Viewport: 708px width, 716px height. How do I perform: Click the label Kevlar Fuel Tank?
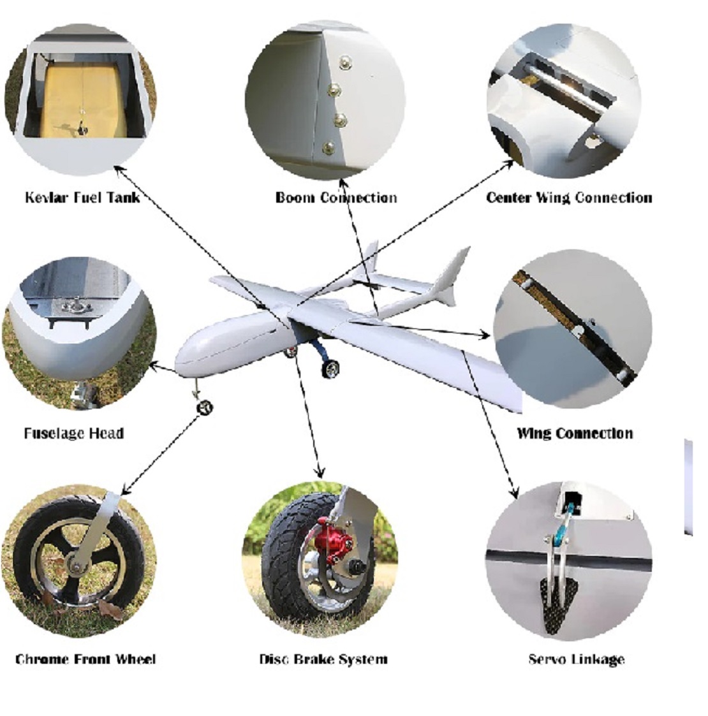click(x=82, y=197)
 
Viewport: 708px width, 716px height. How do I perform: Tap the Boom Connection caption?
click(x=336, y=197)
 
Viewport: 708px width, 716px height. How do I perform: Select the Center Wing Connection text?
click(x=569, y=197)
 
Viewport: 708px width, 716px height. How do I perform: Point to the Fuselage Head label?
click(x=74, y=433)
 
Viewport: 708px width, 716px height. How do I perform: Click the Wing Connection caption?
click(x=575, y=433)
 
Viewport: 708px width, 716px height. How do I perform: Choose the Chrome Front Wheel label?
click(x=85, y=659)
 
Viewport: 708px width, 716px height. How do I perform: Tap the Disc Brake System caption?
click(x=323, y=659)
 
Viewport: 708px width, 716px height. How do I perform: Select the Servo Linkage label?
click(x=577, y=659)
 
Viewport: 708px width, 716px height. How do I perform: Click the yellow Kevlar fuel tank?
click(x=84, y=101)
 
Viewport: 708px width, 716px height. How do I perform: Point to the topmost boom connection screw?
click(x=346, y=62)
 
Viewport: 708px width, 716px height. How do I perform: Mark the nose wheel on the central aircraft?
click(x=205, y=407)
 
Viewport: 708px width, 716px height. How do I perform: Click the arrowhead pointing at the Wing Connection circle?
click(x=484, y=335)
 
